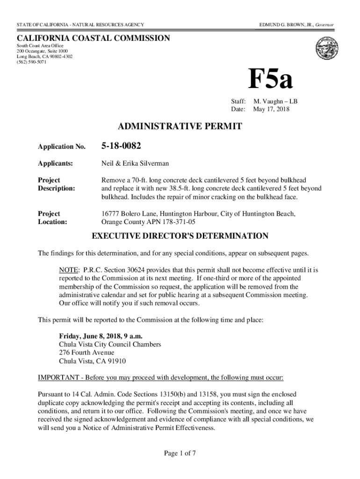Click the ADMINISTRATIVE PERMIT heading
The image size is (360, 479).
(x=180, y=126)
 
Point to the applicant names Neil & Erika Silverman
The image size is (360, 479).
(x=135, y=164)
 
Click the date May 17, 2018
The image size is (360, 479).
(x=271, y=109)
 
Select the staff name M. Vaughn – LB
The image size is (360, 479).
(x=275, y=101)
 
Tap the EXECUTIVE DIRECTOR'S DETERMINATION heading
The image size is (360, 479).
(x=180, y=236)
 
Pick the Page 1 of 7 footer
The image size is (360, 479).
(x=180, y=453)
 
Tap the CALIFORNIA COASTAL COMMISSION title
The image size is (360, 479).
(x=94, y=38)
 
